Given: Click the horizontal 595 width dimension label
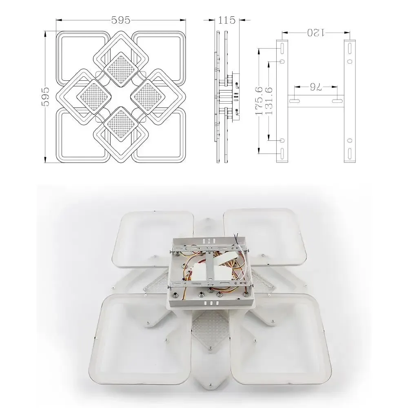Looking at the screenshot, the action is coord(121,20).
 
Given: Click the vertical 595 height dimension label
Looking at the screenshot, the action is coord(46,97).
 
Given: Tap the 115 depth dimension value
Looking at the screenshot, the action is coord(226,20).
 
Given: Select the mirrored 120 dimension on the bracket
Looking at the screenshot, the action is coord(316,33).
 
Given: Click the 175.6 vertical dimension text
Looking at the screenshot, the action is coord(259,101).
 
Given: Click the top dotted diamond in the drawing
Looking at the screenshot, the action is coord(121,69).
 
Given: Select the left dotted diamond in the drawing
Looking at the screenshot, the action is coord(94,97).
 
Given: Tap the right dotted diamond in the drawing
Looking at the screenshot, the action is coord(148,97).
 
